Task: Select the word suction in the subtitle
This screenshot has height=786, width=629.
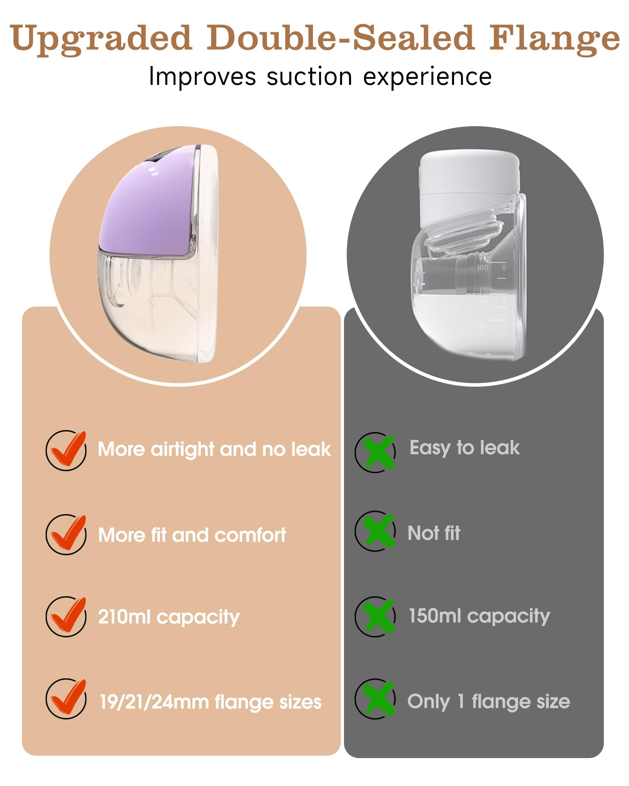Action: [x=309, y=77]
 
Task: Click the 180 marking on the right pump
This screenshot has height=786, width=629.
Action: [x=482, y=268]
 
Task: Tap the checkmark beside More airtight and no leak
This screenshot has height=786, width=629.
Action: [x=66, y=450]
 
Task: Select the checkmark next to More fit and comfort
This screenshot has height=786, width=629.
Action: [x=66, y=534]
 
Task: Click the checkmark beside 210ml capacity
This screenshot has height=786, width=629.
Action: [x=66, y=616]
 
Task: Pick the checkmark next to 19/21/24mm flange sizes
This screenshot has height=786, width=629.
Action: [x=66, y=699]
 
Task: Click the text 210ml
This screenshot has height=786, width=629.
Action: [x=124, y=616]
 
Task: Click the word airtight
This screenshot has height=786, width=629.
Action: [x=182, y=450]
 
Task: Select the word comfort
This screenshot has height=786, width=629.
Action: [x=250, y=535]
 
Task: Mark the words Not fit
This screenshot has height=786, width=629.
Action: [x=434, y=533]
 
